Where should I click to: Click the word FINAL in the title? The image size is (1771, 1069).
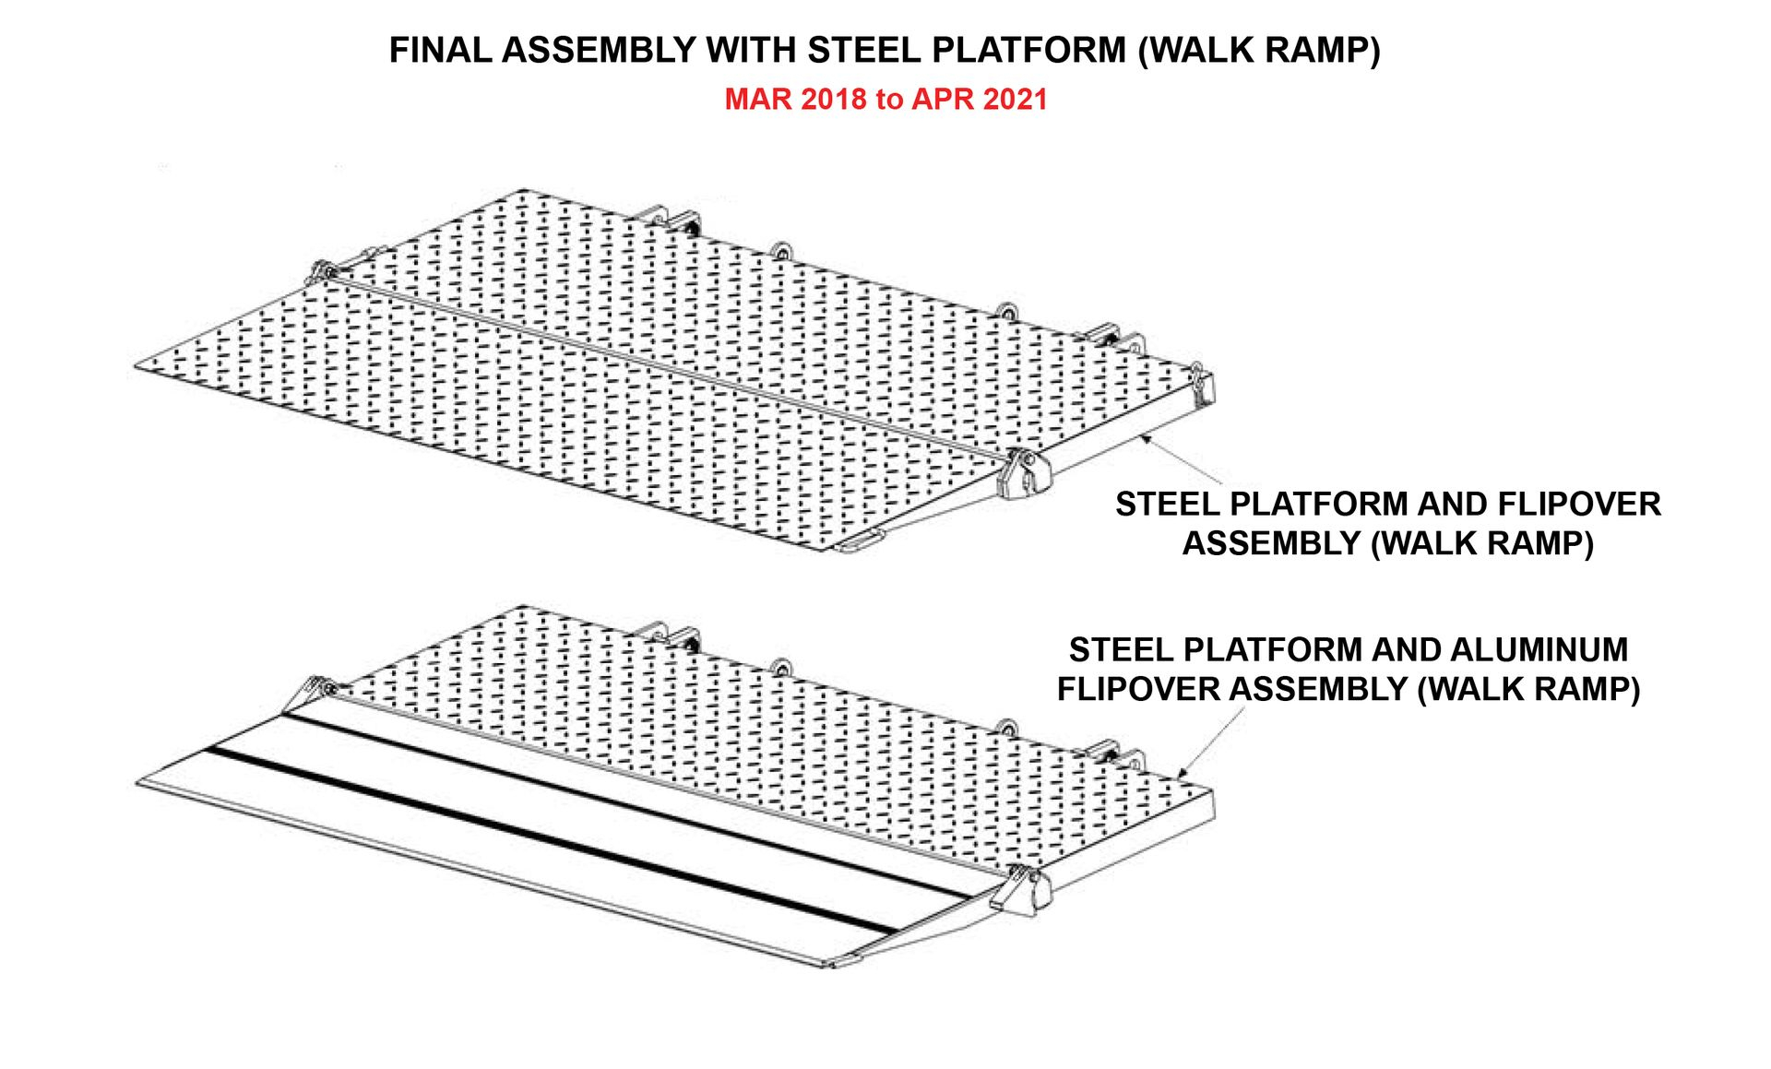(440, 50)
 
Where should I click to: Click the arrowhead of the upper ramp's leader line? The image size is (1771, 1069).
(1145, 438)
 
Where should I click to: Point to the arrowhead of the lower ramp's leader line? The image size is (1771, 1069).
(1183, 773)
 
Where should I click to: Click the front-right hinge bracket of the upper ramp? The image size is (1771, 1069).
(1026, 473)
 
